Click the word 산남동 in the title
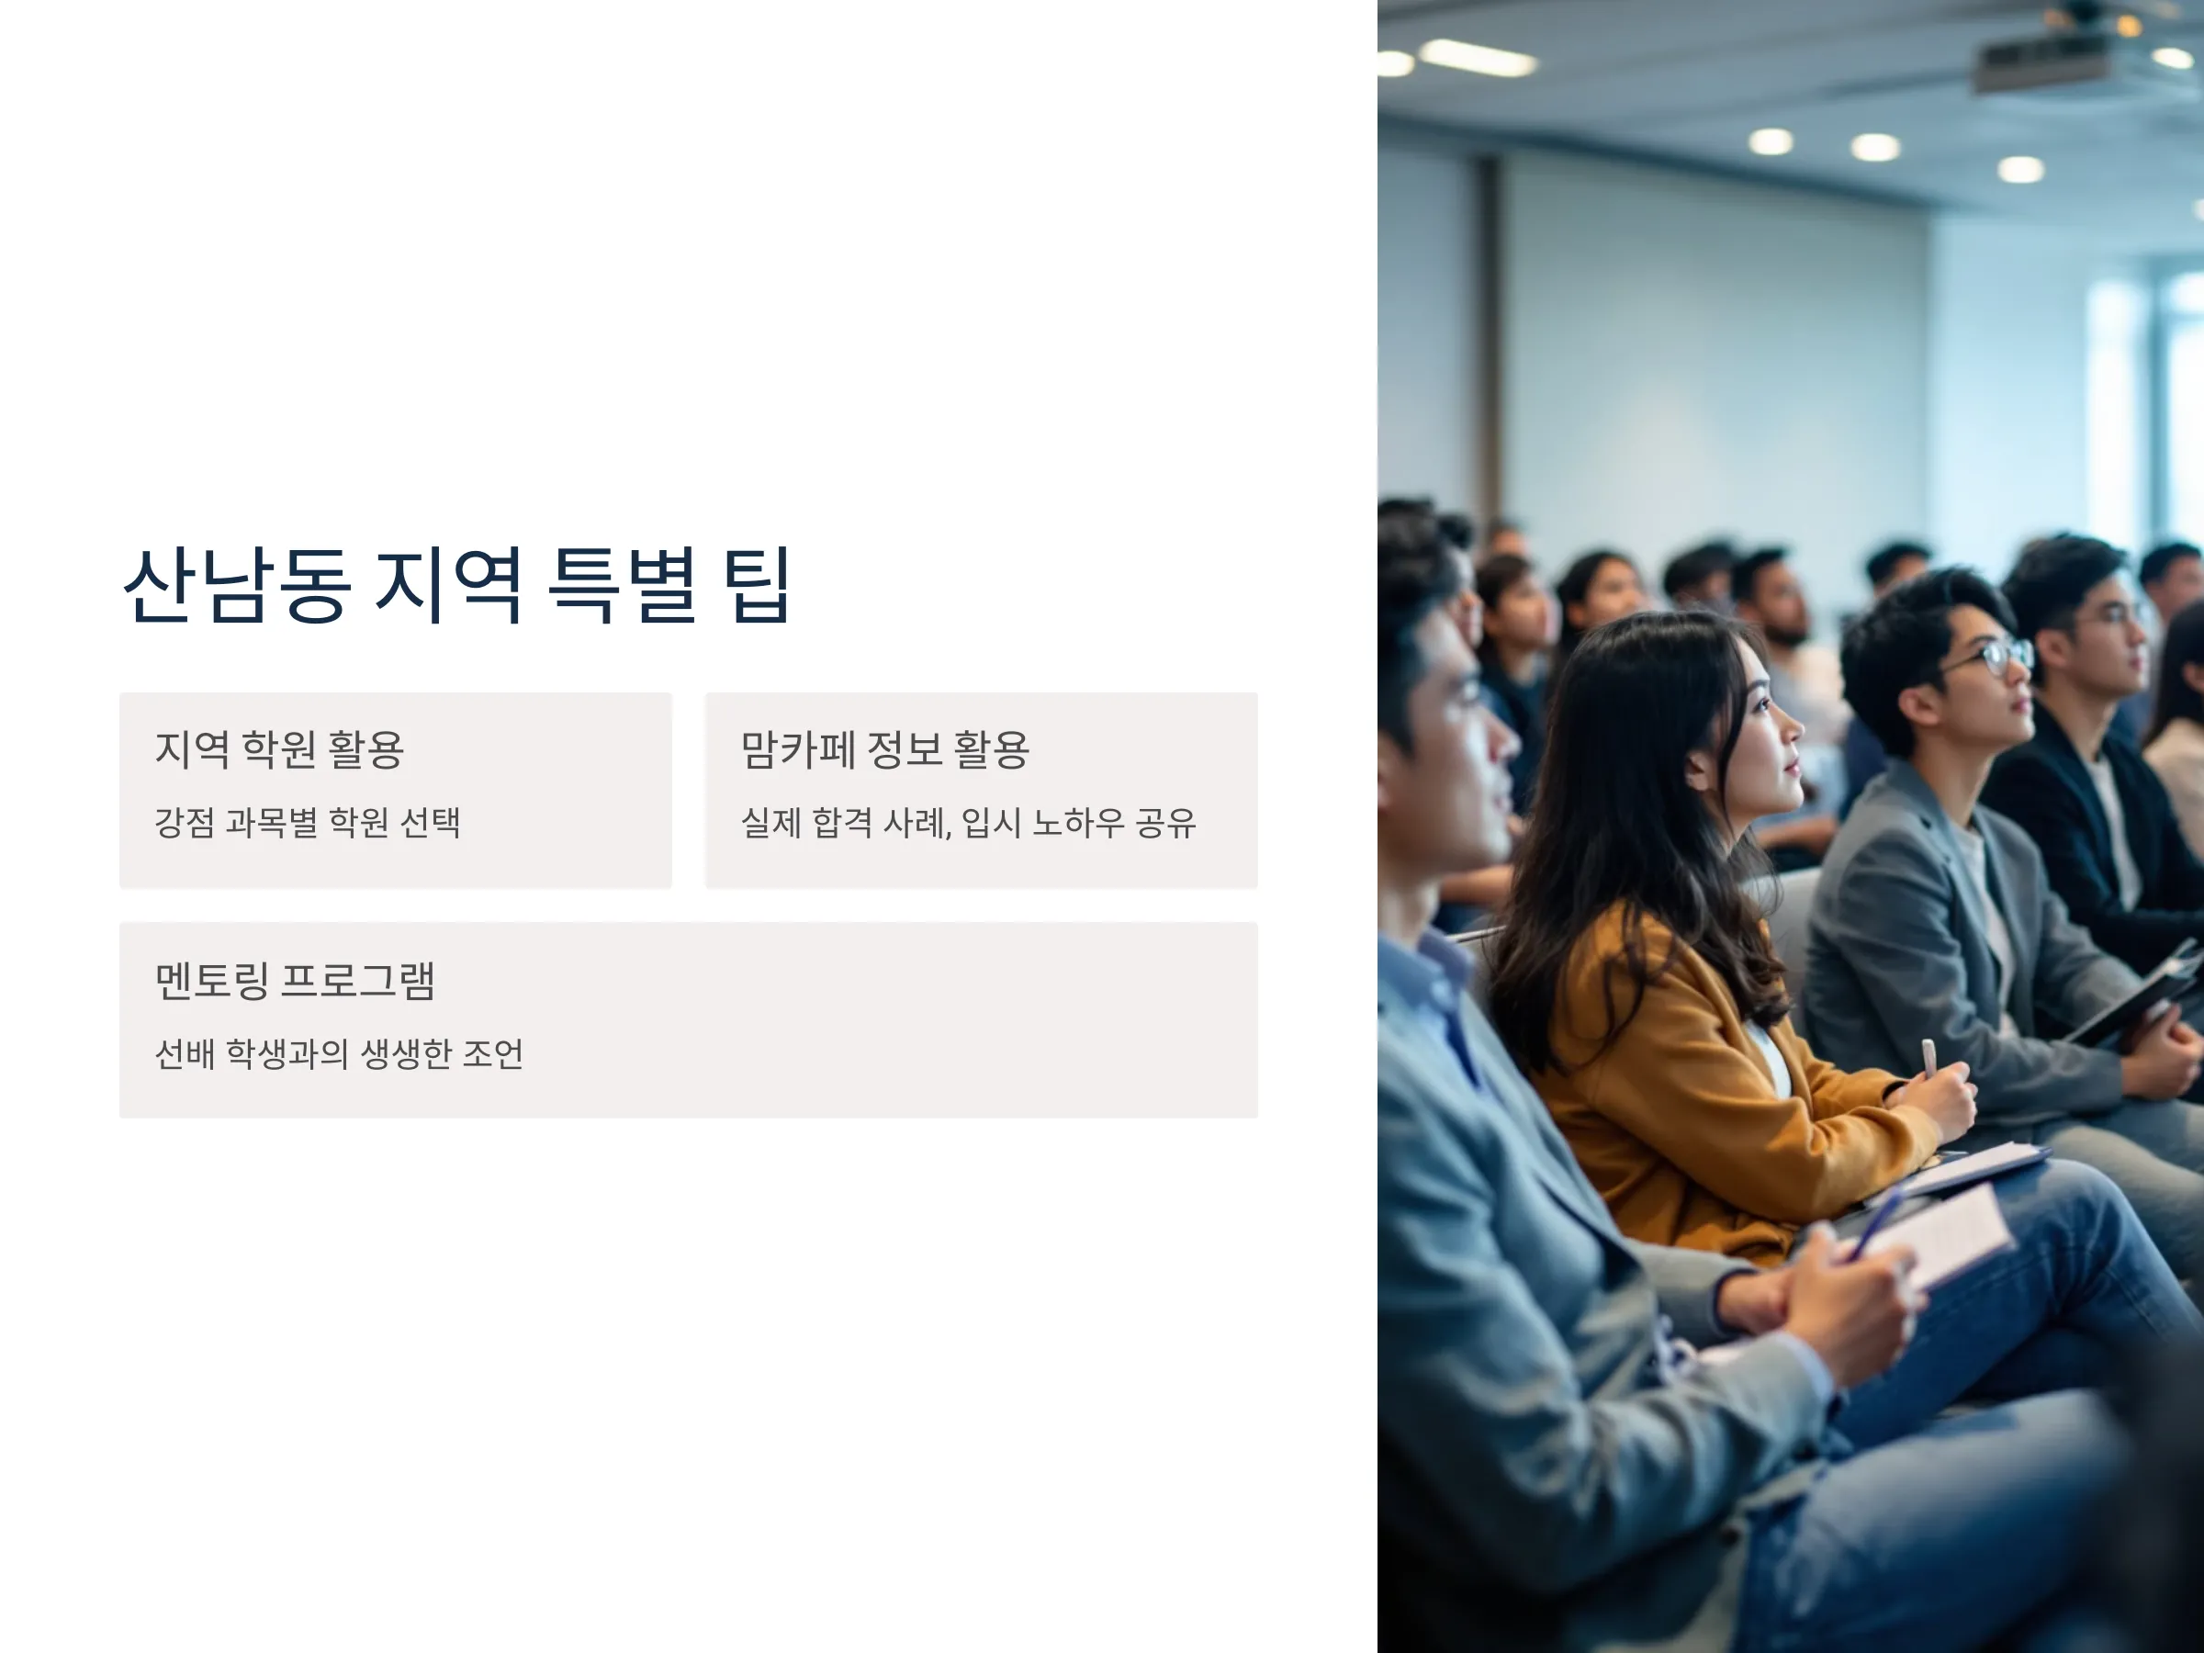(236, 585)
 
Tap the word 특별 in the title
(623, 585)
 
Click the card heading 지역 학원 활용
(279, 749)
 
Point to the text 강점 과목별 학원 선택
(307, 823)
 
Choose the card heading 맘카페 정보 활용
(884, 749)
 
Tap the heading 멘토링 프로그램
(295, 981)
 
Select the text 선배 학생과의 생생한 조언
(339, 1053)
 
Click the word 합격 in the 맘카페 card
(842, 823)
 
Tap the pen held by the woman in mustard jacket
(1929, 1059)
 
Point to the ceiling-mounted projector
(2042, 60)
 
